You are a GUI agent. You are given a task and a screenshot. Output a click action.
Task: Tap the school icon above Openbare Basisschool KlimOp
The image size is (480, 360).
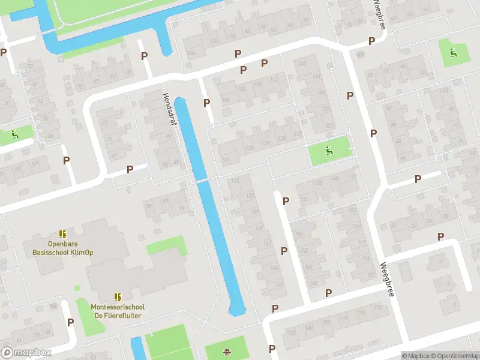(62, 234)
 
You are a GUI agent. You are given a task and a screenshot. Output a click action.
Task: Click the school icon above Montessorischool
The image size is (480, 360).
(118, 297)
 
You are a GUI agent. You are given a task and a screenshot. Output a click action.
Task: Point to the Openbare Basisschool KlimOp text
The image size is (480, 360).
(62, 248)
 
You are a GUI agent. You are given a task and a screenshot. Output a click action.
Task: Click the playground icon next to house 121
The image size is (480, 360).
(328, 149)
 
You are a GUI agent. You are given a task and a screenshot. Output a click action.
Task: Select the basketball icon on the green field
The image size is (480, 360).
(227, 352)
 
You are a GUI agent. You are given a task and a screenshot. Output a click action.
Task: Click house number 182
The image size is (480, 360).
(292, 331)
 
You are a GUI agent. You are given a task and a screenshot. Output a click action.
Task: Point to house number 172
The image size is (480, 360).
(378, 308)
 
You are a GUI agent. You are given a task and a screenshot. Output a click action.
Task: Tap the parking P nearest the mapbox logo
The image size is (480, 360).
(71, 322)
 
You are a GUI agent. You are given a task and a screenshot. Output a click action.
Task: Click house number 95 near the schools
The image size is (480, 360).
(149, 206)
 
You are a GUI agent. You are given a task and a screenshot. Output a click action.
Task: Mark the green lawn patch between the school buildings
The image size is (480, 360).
(166, 245)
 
